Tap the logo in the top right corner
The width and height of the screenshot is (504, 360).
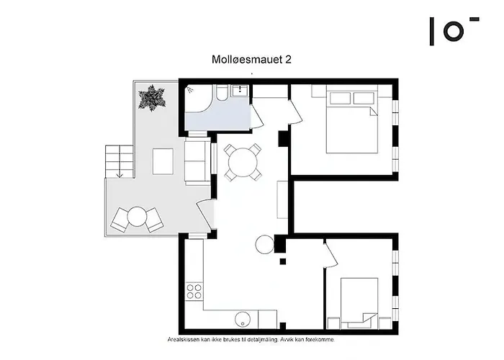[453, 31]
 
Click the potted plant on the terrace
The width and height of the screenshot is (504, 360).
[153, 98]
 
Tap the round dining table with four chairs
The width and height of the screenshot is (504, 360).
[243, 162]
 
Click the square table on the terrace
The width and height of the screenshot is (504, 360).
[163, 161]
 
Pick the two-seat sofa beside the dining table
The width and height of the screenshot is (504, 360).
[196, 163]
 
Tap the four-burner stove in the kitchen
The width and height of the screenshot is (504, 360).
[194, 292]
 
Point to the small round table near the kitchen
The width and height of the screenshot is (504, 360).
[265, 245]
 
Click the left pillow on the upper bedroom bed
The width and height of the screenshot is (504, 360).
[339, 97]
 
